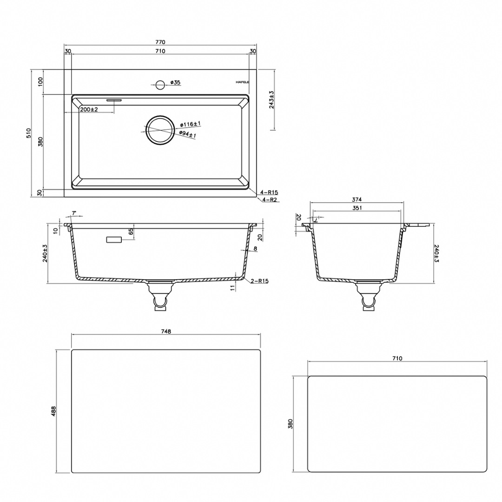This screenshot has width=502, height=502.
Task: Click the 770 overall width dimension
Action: click(x=160, y=42)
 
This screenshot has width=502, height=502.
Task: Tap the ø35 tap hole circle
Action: click(x=160, y=85)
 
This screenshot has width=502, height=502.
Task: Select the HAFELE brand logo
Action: click(x=242, y=82)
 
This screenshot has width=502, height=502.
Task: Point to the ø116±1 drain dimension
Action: click(x=190, y=124)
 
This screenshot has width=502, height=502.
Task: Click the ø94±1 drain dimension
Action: click(x=188, y=134)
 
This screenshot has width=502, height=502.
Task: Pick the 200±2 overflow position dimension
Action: click(x=89, y=110)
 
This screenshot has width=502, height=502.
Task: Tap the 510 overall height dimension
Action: click(x=28, y=133)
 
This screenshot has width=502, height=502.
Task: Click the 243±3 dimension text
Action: click(x=272, y=99)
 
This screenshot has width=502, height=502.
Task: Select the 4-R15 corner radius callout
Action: click(x=269, y=192)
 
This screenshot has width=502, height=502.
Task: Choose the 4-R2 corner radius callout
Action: click(x=269, y=200)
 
